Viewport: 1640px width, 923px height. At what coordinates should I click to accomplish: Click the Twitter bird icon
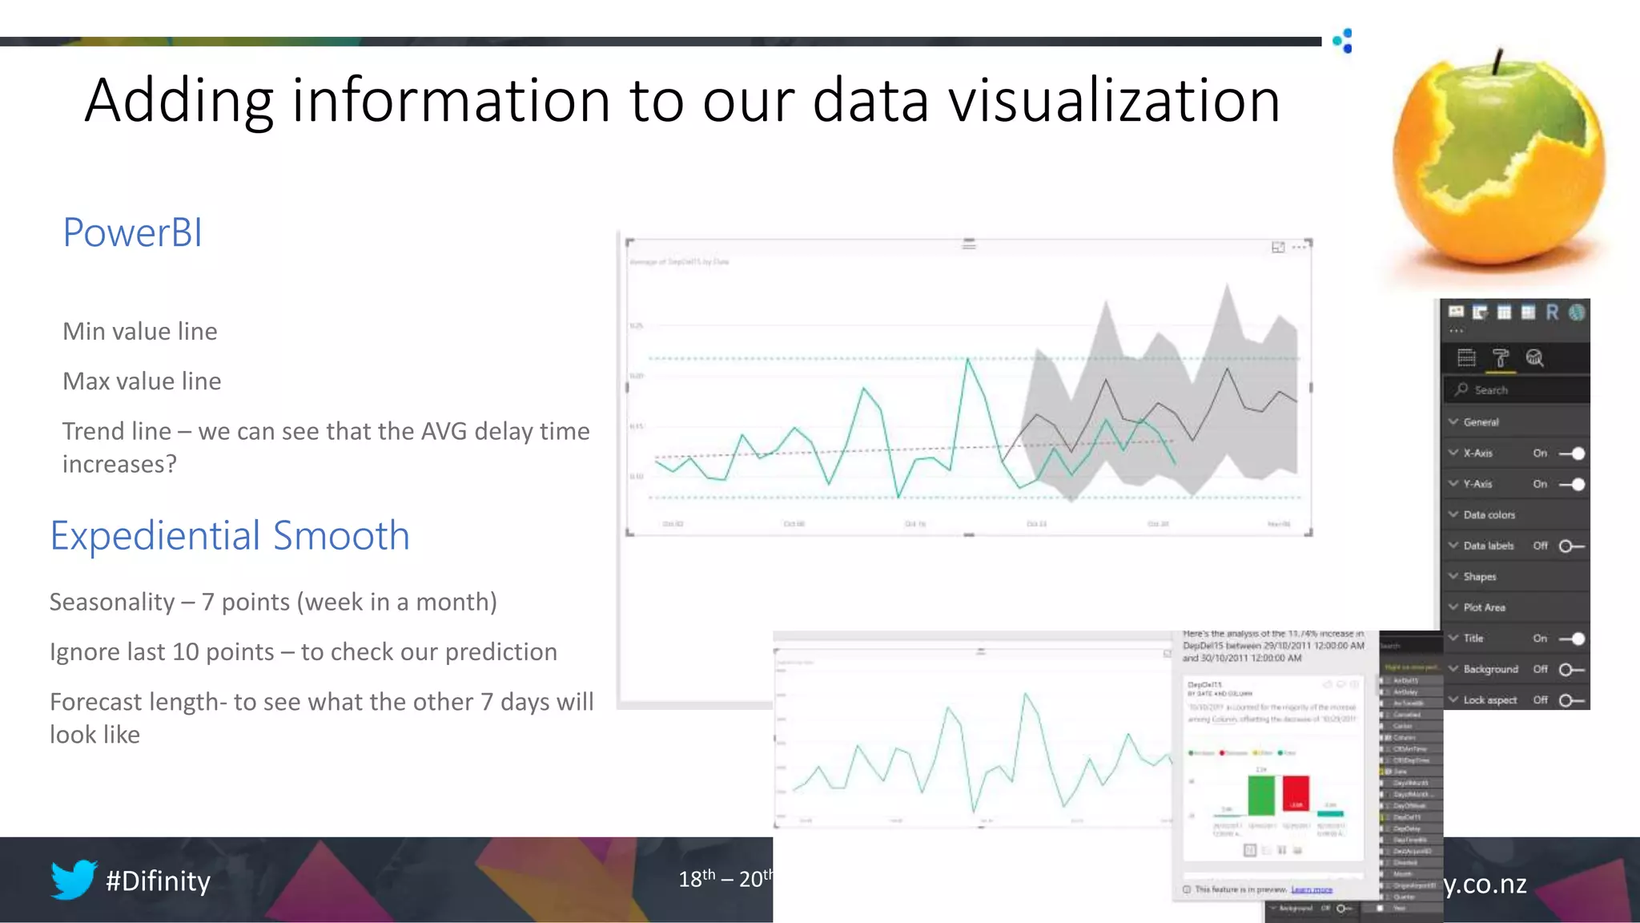pos(74,879)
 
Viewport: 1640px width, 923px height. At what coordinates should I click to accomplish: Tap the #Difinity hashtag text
pos(158,881)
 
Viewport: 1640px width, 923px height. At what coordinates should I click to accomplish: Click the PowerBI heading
pos(132,233)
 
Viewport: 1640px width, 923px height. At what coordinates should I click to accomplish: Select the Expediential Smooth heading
pos(230,535)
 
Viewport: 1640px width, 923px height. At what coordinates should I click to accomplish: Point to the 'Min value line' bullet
pos(140,332)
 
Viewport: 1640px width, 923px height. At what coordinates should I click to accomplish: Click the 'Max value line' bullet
pos(142,381)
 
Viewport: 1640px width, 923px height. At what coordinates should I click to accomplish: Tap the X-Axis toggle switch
pos(1572,453)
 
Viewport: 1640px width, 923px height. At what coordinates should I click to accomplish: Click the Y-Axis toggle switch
pos(1572,484)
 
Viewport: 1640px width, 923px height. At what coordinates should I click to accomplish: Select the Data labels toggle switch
pos(1570,546)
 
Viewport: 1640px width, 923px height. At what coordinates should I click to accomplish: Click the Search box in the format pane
pos(1517,390)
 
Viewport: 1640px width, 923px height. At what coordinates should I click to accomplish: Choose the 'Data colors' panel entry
pos(1489,515)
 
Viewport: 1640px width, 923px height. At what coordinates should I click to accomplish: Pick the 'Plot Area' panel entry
pos(1484,607)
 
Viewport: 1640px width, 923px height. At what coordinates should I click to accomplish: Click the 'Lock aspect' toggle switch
pos(1570,700)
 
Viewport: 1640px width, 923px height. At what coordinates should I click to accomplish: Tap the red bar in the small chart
pos(1295,794)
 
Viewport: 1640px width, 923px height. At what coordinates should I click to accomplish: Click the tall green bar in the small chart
pos(1260,795)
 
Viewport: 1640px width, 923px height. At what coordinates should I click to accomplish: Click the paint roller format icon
pos(1500,358)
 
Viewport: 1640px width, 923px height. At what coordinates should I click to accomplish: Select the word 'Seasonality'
pos(112,602)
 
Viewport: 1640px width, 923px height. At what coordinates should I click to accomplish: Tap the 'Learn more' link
pos(1311,889)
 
